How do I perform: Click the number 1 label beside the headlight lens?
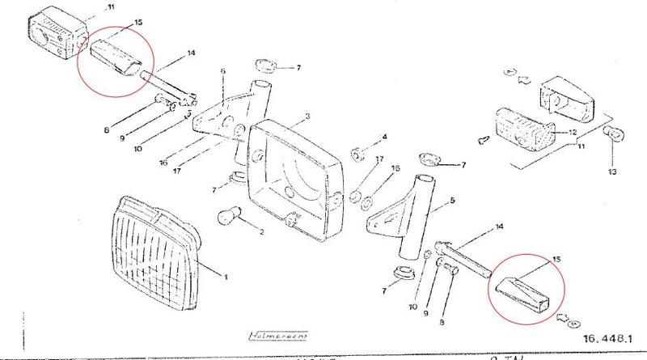(226, 277)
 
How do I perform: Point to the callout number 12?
(573, 132)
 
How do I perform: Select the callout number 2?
(261, 232)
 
